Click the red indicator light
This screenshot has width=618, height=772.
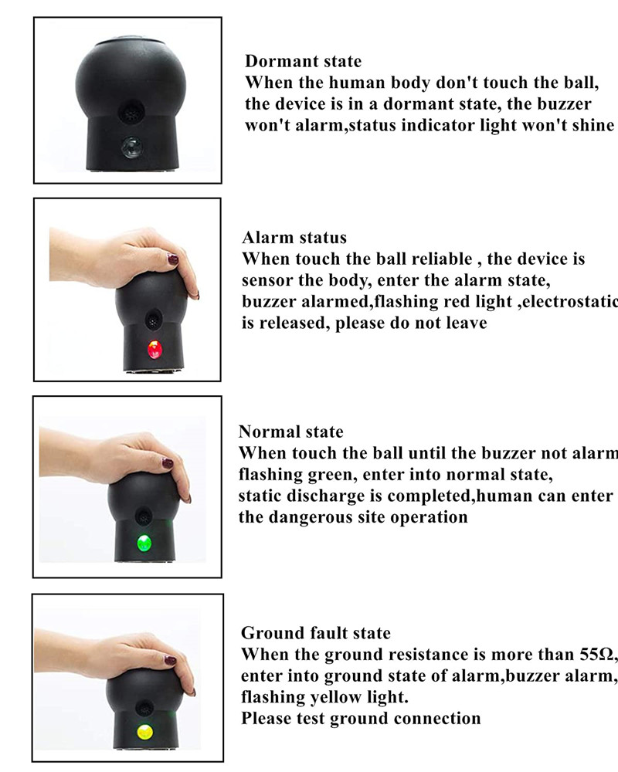[x=154, y=351]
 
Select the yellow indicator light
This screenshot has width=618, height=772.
[x=142, y=731]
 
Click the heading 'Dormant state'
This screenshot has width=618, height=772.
[x=303, y=61]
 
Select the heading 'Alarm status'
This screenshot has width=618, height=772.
[x=294, y=237]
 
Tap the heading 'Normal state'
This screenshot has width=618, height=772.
[x=290, y=432]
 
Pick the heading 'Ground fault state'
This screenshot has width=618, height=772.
[x=316, y=633]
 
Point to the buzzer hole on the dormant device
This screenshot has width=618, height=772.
[x=129, y=113]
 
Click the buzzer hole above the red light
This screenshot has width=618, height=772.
[x=154, y=317]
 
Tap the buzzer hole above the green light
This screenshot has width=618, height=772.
[x=143, y=514]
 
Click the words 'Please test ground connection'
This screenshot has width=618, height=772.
[x=361, y=719]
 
